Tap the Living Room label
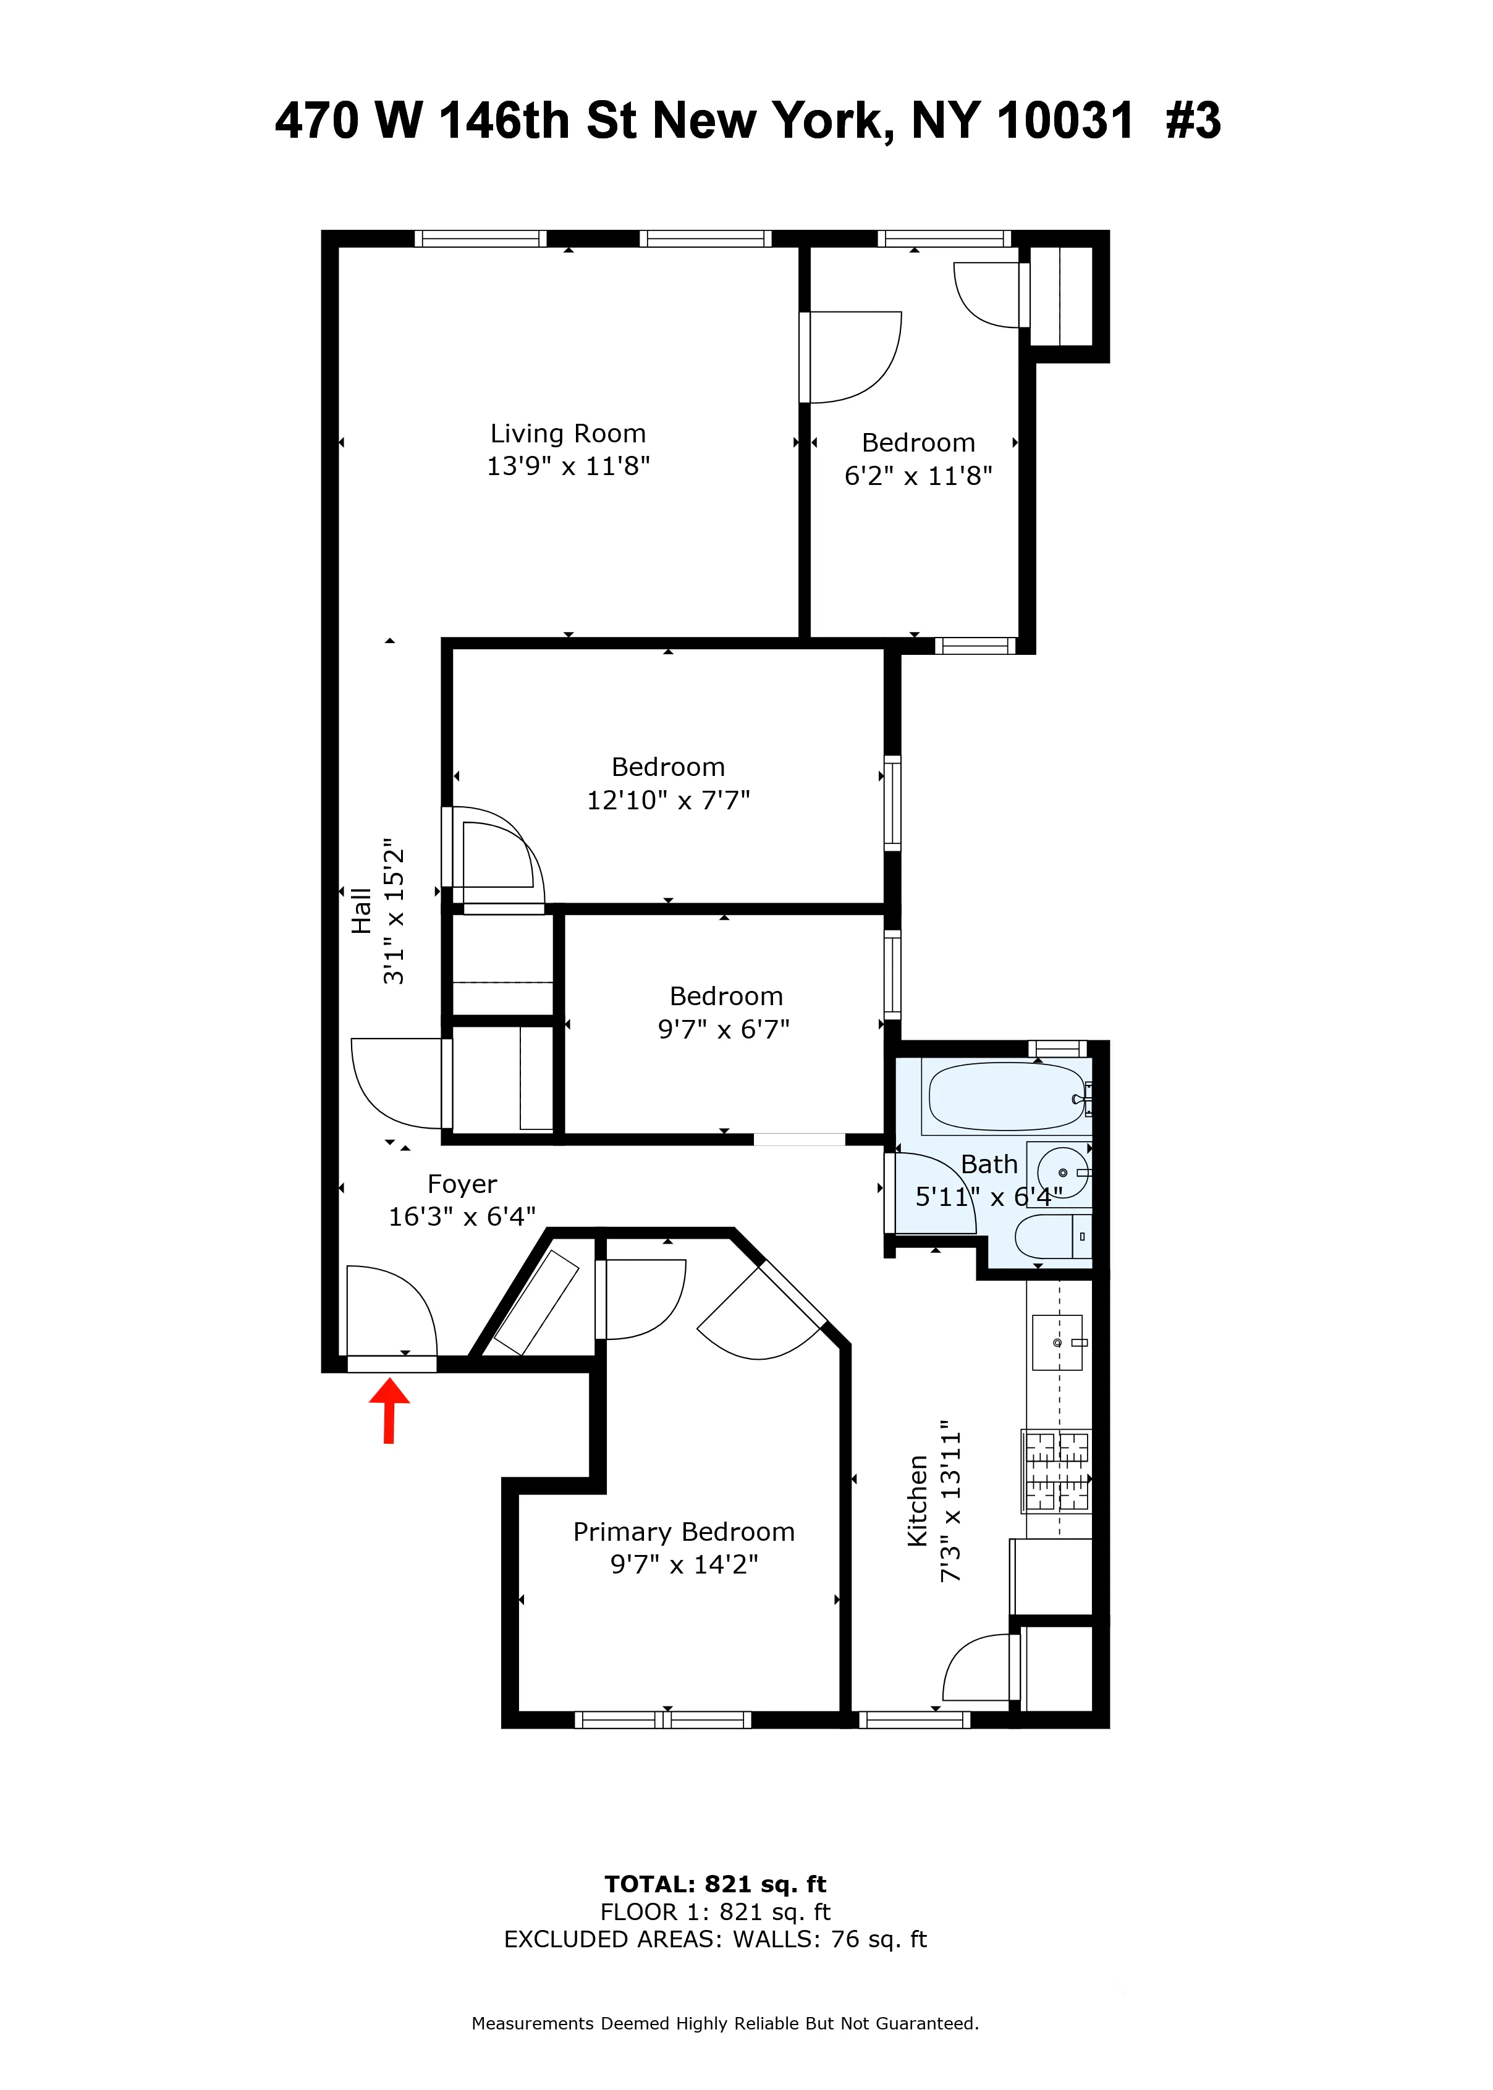(x=567, y=434)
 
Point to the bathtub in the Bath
(x=1006, y=1097)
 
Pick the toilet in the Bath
(x=1050, y=1236)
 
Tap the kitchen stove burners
(x=1056, y=1470)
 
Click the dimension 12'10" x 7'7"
(x=669, y=801)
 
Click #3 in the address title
(x=1193, y=120)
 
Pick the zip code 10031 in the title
(x=1065, y=120)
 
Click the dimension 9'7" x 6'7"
(x=724, y=1029)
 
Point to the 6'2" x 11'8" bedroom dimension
(x=918, y=476)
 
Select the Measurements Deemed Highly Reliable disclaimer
(x=724, y=2023)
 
